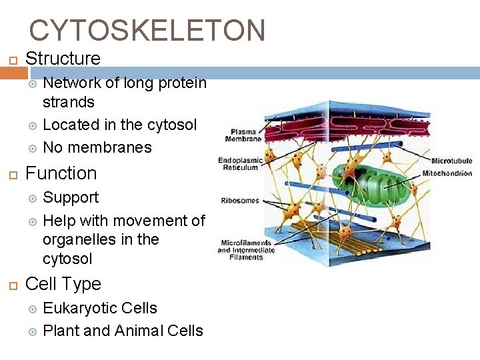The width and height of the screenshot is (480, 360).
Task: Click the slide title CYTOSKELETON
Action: coord(147,31)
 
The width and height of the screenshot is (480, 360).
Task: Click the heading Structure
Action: coord(63,59)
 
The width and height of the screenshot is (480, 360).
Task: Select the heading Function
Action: coord(61,173)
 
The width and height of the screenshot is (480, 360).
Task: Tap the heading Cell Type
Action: coord(63,284)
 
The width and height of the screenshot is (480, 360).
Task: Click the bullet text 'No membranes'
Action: coord(97,147)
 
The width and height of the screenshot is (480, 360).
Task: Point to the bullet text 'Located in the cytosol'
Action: coord(119,125)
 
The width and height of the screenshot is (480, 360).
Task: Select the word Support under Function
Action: coord(70,198)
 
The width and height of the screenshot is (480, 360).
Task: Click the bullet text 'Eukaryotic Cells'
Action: coord(99,309)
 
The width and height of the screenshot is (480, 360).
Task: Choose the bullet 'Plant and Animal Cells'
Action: coord(123,331)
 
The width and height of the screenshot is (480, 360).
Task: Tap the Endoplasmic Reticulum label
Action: coord(238,164)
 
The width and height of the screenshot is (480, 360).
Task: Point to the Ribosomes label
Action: coord(239,200)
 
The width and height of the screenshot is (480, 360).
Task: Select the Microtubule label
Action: coord(451,161)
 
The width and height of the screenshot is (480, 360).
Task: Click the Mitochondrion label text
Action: coord(447,173)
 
